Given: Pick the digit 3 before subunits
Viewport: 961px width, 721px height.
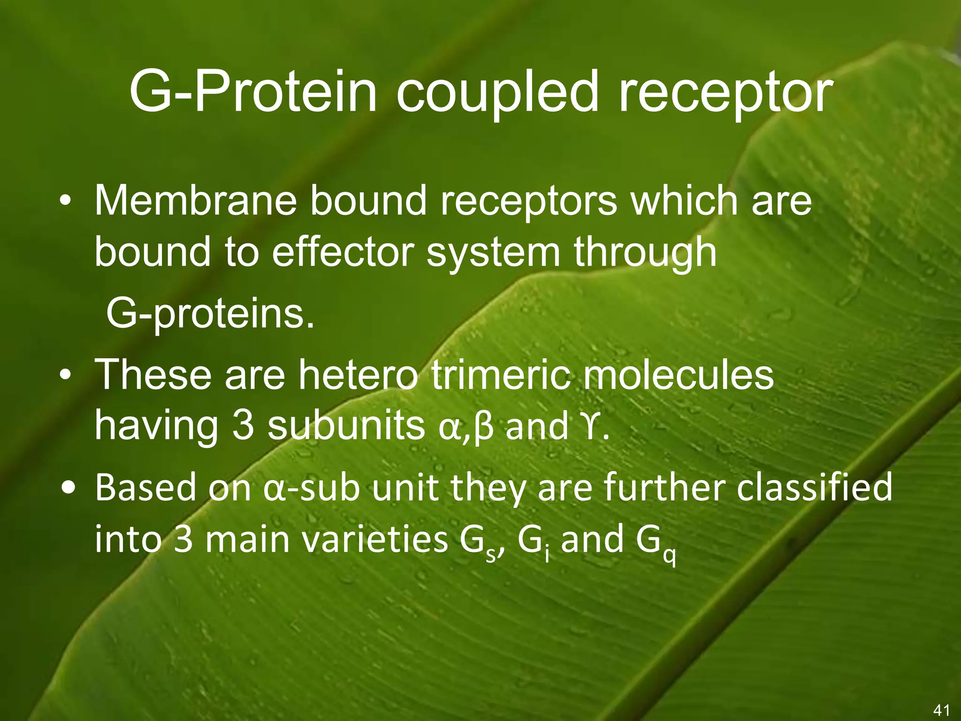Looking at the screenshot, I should [243, 426].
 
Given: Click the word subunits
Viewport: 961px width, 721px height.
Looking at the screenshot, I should [346, 426].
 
